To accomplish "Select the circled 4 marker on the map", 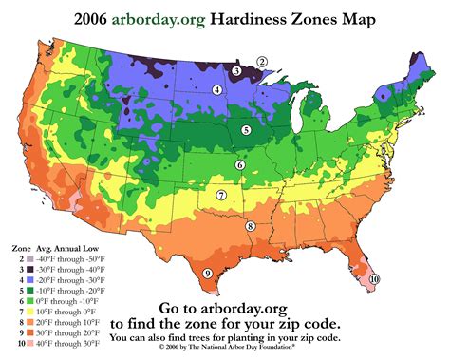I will click(x=216, y=90).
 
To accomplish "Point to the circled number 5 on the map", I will click(x=245, y=130).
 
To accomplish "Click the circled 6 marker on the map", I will click(x=240, y=165).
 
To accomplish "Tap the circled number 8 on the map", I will click(x=251, y=225).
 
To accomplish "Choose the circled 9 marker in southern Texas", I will click(x=208, y=274).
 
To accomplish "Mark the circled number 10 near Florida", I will click(x=373, y=279).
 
